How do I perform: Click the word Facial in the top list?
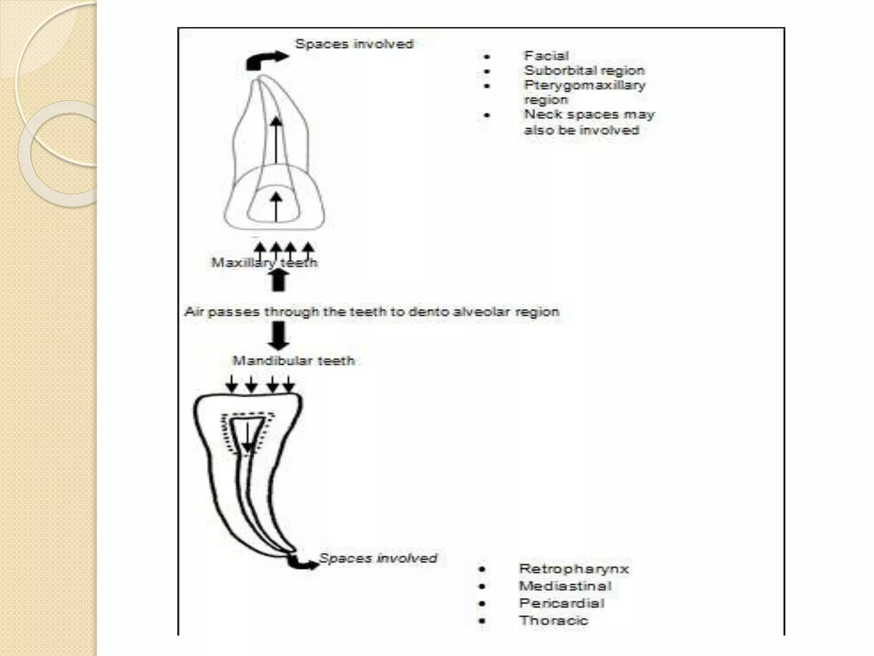[546, 56]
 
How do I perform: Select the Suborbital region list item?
[584, 70]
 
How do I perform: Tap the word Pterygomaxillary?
[585, 85]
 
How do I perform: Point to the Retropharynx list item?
[574, 569]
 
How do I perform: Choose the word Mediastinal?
[565, 586]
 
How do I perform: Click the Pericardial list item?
[562, 603]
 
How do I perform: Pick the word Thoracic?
[554, 620]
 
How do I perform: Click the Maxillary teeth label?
[265, 262]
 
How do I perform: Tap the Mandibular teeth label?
[294, 361]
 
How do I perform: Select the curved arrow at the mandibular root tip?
[302, 563]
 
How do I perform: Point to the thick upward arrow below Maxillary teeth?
[278, 281]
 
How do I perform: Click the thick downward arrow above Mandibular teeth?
[278, 335]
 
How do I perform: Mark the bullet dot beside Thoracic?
[482, 621]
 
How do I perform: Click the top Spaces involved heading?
[354, 44]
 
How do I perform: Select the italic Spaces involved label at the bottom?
[378, 558]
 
